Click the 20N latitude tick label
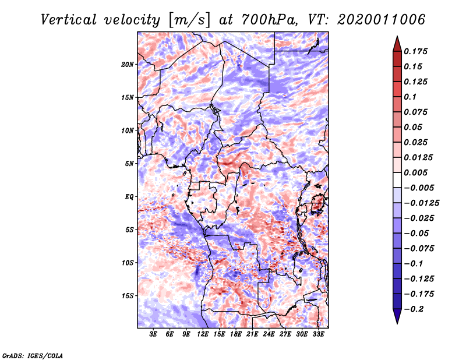(128, 64)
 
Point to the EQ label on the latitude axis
(129, 196)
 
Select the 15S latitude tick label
(128, 295)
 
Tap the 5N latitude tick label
(129, 163)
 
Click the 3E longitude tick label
(154, 334)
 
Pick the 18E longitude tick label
(236, 334)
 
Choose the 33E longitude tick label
(318, 334)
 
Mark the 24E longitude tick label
(269, 334)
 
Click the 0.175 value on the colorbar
(418, 51)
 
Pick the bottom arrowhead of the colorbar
(397, 317)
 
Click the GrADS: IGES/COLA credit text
(33, 355)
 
